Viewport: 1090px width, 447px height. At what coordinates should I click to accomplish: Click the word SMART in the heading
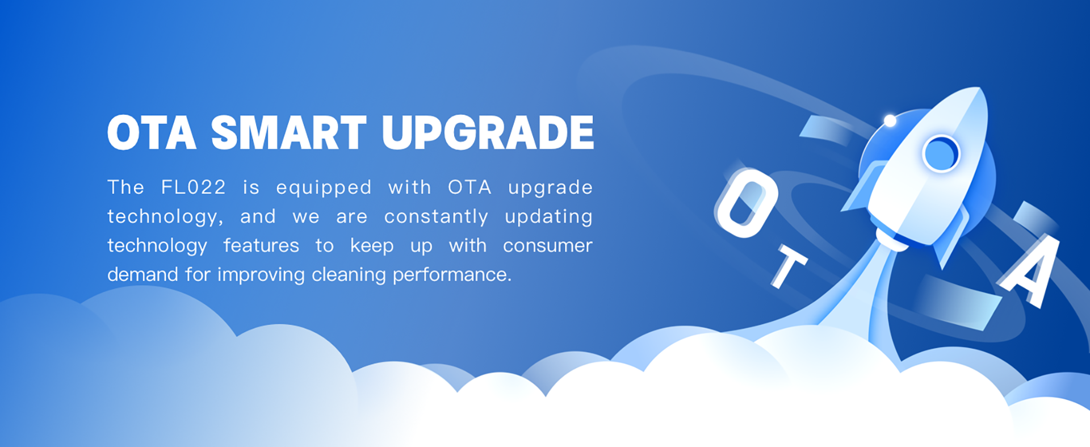(289, 132)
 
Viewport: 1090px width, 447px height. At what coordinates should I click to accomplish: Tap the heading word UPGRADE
(488, 132)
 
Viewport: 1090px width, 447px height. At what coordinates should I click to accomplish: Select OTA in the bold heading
(152, 132)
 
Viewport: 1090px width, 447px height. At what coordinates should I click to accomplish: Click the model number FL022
(194, 187)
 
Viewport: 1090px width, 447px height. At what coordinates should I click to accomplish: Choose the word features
(261, 246)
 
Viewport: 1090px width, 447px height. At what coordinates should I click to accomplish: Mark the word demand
(142, 275)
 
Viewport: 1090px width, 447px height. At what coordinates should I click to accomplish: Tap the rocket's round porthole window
(941, 153)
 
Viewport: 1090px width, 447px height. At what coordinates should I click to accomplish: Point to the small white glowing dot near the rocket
(890, 120)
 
